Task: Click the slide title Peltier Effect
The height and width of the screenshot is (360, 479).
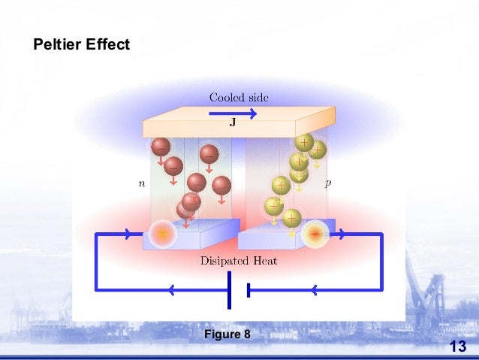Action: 82,45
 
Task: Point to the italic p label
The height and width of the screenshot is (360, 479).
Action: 328,183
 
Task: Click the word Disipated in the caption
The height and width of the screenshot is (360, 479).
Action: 225,262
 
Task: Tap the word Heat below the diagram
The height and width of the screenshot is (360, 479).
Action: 264,261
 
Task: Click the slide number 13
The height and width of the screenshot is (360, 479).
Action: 457,346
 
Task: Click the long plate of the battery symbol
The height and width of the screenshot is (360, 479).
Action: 229,289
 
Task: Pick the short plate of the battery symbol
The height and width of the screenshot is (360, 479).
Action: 247,289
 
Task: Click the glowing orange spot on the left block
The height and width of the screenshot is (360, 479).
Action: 161,234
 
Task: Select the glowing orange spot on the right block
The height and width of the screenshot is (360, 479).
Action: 315,235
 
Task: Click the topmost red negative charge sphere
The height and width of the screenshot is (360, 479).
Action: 161,147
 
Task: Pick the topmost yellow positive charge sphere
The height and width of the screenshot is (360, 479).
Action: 304,142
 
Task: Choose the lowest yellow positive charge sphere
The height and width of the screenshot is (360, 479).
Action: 291,219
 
